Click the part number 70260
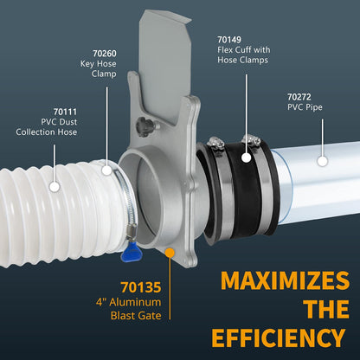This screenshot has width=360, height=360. tap(105, 54)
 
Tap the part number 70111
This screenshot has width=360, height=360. tap(65, 112)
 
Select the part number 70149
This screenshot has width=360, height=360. tap(229, 40)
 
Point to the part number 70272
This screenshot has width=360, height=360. tap(299, 97)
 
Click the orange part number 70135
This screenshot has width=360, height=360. tap(141, 287)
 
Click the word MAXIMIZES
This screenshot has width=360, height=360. tap(285, 280)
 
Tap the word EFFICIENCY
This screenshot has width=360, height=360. tap(279, 337)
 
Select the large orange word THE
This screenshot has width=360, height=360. tap(327, 309)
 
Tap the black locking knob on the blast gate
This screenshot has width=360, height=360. tap(144, 126)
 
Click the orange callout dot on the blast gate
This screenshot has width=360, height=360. tap(170, 253)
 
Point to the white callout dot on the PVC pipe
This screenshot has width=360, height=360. tap(323, 161)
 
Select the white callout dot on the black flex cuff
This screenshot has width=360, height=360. tap(246, 157)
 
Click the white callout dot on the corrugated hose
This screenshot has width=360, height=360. tap(55, 187)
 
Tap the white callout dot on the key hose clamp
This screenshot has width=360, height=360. tap(106, 170)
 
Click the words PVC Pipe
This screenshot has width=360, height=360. tap(305, 107)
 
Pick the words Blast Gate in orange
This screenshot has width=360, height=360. tap(136, 316)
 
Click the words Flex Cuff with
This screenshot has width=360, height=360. tap(244, 50)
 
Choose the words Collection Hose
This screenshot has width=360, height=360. tap(47, 132)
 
